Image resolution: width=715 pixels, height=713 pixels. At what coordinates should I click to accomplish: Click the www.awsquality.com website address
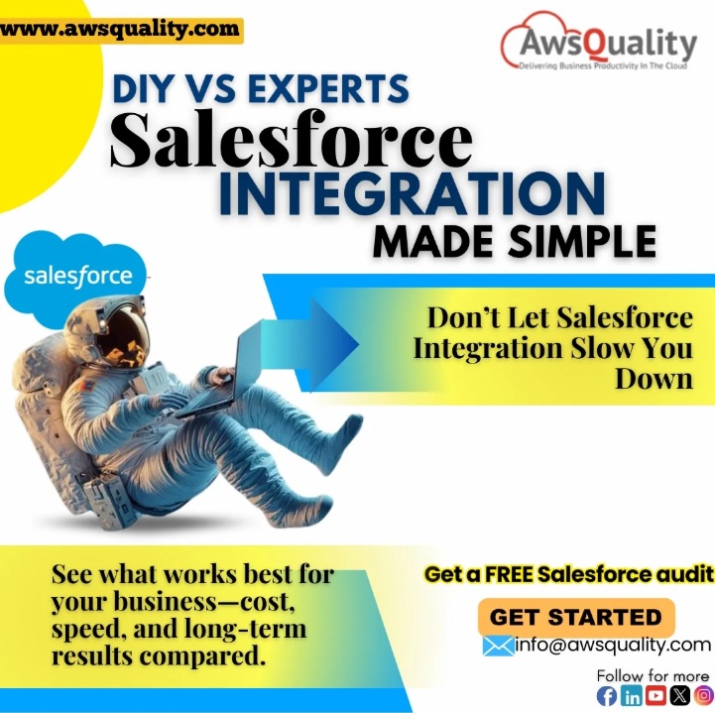click(x=119, y=29)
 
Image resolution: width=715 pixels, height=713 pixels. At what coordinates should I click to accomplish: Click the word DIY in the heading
click(x=148, y=89)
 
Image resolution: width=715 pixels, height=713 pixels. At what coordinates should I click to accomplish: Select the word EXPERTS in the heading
click(x=328, y=89)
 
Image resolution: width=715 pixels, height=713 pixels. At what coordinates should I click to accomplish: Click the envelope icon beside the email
click(x=498, y=646)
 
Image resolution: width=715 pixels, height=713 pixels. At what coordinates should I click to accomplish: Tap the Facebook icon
click(x=606, y=696)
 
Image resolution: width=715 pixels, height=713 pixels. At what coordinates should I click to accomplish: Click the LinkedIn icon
click(x=632, y=696)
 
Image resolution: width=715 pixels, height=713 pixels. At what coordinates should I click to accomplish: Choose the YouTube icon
click(x=655, y=696)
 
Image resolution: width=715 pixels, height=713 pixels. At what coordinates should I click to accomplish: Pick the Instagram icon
click(x=702, y=696)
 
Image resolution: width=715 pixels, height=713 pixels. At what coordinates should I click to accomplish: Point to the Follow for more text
click(x=653, y=675)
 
